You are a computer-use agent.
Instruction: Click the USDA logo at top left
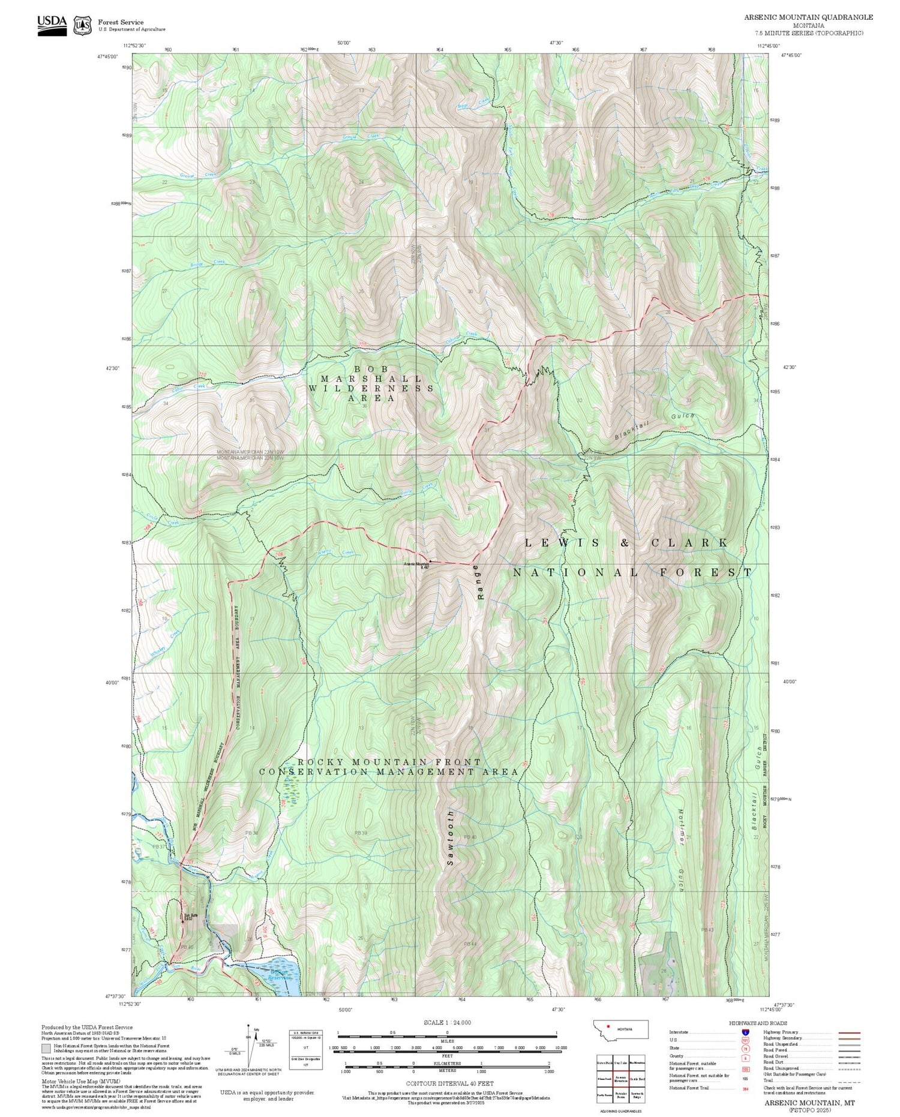tap(52, 25)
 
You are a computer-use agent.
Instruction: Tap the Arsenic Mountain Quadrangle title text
tap(809, 17)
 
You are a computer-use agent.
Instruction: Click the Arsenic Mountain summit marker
tap(430, 561)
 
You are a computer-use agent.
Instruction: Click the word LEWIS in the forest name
tap(562, 543)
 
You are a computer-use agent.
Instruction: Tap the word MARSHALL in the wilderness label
tap(371, 379)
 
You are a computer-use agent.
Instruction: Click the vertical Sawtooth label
tap(451, 837)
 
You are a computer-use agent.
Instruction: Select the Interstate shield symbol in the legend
tap(745, 1032)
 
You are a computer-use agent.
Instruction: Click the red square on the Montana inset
tap(608, 1026)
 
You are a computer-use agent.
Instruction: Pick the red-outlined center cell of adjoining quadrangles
tap(621, 1078)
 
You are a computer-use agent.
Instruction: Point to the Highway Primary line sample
tap(848, 1032)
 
